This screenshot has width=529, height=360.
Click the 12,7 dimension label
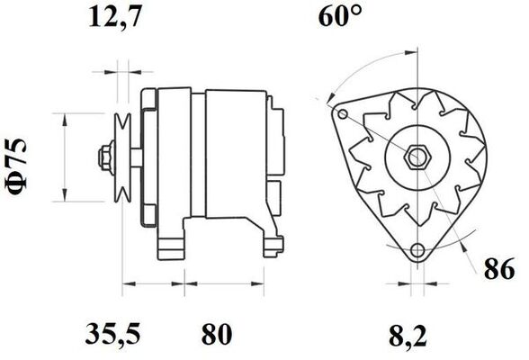click(x=114, y=16)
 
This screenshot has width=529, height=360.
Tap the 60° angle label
click(x=340, y=16)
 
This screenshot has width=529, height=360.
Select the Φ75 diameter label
click(x=16, y=166)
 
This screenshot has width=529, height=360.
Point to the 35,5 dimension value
click(x=112, y=333)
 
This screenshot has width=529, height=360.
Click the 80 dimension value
click(x=217, y=334)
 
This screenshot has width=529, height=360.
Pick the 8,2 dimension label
click(x=408, y=336)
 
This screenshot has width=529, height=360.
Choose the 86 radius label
click(x=499, y=268)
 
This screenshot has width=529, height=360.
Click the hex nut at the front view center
click(x=417, y=157)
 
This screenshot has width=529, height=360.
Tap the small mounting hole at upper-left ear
click(x=343, y=113)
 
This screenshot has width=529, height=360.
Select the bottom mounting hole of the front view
click(x=417, y=250)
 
